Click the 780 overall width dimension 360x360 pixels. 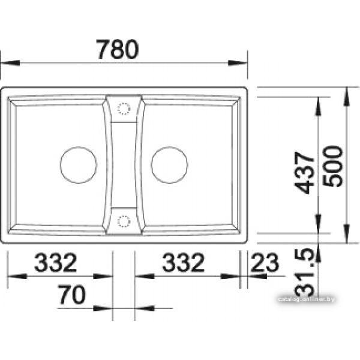click(118, 49)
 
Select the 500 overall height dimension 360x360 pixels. click(332, 166)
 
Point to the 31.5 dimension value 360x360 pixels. click(304, 272)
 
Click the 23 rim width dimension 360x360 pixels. click(265, 262)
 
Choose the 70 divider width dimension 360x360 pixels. click(71, 295)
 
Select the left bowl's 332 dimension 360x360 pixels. click(55, 262)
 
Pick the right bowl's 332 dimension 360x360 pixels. click(183, 262)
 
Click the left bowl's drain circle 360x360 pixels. click(78, 165)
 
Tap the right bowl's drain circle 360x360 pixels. click(169, 165)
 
